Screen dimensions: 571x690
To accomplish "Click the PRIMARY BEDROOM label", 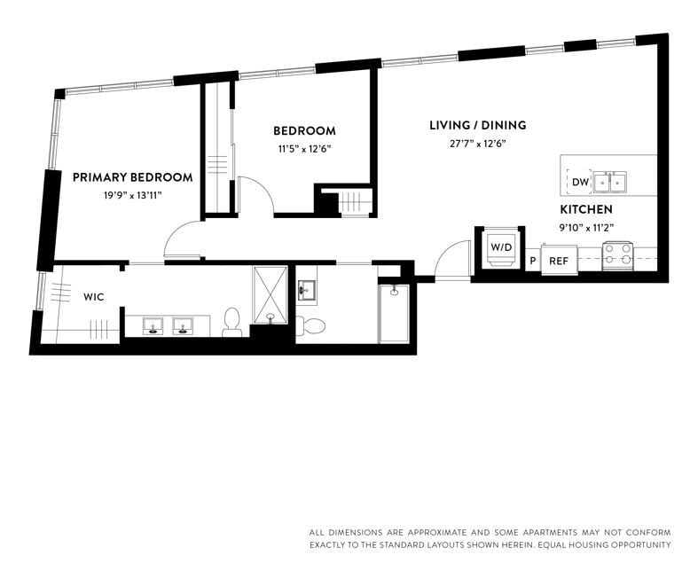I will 132,177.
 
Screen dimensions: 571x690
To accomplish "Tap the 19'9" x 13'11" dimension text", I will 132,195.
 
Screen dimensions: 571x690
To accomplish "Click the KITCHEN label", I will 585,209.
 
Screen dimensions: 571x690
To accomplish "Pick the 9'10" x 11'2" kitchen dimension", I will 585,227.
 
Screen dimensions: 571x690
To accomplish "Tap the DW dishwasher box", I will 579,183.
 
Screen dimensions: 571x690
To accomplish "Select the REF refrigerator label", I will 559,261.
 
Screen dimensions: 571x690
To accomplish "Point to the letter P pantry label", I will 533,261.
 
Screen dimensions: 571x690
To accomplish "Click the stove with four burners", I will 617,255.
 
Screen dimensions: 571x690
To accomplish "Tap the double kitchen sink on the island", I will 610,183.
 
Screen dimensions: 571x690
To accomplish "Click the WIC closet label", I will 94,297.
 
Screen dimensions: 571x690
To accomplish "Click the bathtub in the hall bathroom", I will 394,313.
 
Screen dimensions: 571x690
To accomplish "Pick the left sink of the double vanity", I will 153,326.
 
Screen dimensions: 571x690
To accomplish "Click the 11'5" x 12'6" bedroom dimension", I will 304,149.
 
